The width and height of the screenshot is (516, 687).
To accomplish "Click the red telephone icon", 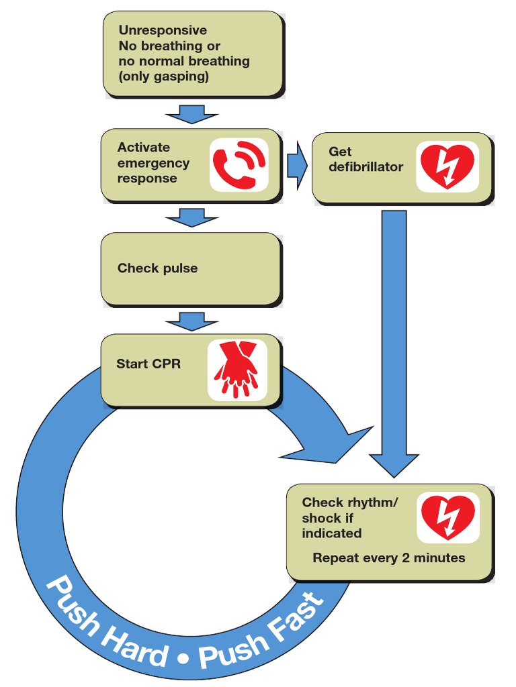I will tap(239, 164).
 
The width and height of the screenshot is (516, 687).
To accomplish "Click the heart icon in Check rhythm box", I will tap(447, 517).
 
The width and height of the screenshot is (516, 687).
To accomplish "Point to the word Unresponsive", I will tap(163, 30).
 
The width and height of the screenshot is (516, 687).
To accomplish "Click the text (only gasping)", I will tap(164, 76).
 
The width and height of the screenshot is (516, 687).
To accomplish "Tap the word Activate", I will tap(144, 147).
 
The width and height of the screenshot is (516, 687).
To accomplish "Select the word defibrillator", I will tap(366, 166).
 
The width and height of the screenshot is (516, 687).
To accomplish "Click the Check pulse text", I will tap(158, 268).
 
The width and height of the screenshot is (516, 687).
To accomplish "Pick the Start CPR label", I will tap(148, 364).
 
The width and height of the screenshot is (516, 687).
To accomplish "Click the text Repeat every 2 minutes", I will tap(388, 558).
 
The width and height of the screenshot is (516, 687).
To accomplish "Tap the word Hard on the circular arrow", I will tap(134, 638).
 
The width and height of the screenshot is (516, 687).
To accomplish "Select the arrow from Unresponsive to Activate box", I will tap(193, 113).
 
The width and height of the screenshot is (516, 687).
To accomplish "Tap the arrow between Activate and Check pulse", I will tap(193, 217).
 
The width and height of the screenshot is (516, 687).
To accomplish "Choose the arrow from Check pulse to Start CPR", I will tap(193, 320).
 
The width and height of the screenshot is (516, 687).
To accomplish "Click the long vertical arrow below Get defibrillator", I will tap(393, 335).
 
